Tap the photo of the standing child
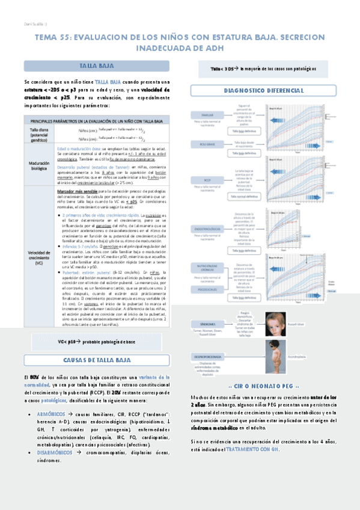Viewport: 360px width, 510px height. click(275, 358)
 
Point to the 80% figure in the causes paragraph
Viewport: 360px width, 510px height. click(35, 377)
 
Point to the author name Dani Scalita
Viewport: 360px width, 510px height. click(22, 23)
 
